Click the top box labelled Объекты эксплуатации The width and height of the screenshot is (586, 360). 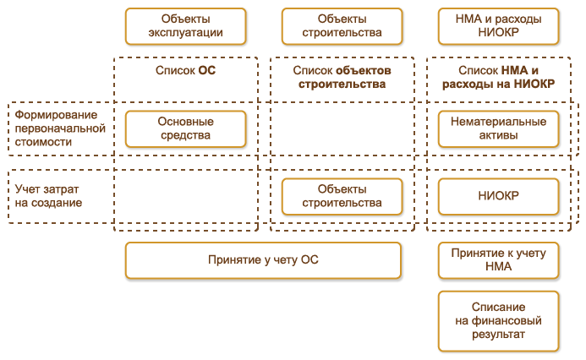point(185,26)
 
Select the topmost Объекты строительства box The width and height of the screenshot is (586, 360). point(342,26)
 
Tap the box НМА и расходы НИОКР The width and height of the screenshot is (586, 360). point(498,26)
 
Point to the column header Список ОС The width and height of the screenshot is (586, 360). point(185,72)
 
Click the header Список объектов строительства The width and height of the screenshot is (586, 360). point(342,78)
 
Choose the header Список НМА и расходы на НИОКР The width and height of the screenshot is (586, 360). point(498,78)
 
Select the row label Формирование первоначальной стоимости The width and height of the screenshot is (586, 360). point(59,128)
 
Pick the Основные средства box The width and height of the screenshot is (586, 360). point(185,128)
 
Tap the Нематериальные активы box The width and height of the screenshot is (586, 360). point(498,128)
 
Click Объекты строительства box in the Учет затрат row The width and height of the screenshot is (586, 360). point(342,196)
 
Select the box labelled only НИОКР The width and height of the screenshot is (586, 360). point(498,196)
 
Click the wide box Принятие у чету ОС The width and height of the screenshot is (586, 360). point(263,260)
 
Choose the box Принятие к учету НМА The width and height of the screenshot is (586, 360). point(498,260)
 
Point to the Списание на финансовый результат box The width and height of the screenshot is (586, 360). point(498,321)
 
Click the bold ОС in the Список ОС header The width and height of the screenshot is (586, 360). point(207,72)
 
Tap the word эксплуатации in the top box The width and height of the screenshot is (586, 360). point(185,34)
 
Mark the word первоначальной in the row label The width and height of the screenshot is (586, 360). point(59,128)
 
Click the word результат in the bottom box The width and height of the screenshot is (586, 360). point(498,335)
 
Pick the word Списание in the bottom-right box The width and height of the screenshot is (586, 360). point(498,308)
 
